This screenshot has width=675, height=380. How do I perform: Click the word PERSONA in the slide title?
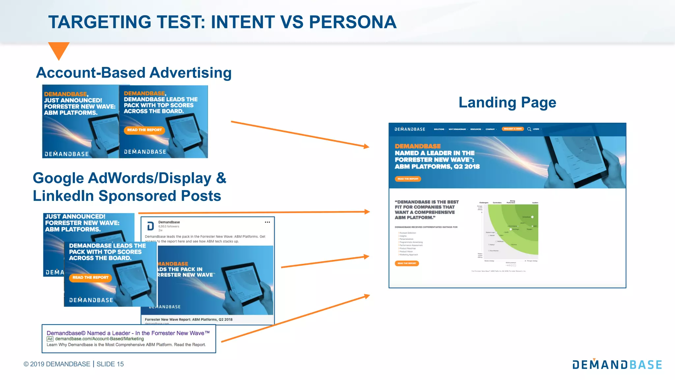pyautogui.click(x=352, y=22)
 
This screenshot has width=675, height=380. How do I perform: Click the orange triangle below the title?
pyautogui.click(x=59, y=50)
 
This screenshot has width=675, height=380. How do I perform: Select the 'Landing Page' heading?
pyautogui.click(x=507, y=102)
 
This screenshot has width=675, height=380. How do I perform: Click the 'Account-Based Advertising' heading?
pyautogui.click(x=134, y=73)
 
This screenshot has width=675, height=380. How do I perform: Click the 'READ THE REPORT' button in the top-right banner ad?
pyautogui.click(x=144, y=130)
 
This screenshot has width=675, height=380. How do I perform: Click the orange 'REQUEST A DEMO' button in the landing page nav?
pyautogui.click(x=513, y=129)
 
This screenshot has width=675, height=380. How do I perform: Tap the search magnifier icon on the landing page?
pyautogui.click(x=529, y=129)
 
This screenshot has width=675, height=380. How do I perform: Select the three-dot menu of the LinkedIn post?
pyautogui.click(x=267, y=222)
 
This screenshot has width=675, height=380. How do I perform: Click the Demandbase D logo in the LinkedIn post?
pyautogui.click(x=151, y=226)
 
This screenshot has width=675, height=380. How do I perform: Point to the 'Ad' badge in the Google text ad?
pyautogui.click(x=50, y=339)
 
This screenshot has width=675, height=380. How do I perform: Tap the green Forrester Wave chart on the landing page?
pyautogui.click(x=513, y=229)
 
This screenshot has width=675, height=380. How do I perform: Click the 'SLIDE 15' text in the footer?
pyautogui.click(x=110, y=364)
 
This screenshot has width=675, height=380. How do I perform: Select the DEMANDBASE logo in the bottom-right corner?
pyautogui.click(x=617, y=364)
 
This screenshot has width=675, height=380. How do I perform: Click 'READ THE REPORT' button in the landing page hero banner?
pyautogui.click(x=408, y=179)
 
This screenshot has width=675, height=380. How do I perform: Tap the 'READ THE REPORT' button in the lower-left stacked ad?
pyautogui.click(x=90, y=277)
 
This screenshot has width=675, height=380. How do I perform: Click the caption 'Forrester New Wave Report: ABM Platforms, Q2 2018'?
pyautogui.click(x=189, y=319)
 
